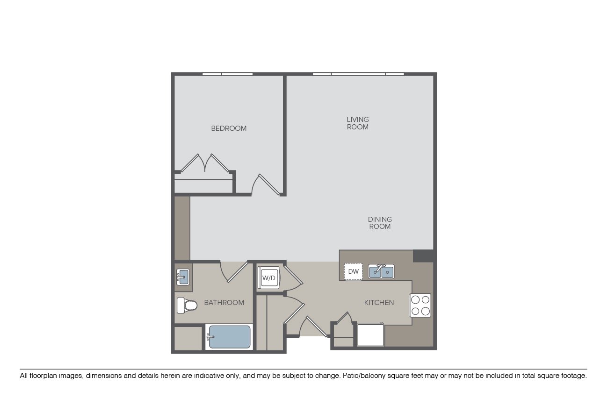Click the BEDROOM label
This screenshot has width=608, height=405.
point(229,128)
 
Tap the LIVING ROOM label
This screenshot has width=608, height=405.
point(357,123)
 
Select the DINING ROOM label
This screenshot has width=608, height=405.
point(380,223)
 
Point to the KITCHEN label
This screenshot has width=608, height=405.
point(379,303)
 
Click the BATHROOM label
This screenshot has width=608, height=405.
point(224,303)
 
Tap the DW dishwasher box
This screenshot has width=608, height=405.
point(353,271)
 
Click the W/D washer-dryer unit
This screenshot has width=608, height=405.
point(269,277)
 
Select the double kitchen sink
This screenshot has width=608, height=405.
point(381,271)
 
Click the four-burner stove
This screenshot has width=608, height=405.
point(420,305)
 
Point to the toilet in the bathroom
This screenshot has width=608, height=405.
point(187,306)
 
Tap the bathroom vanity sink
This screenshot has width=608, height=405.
point(183,277)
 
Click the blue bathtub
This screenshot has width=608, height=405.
point(229,337)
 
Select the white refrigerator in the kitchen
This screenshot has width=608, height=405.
point(370,335)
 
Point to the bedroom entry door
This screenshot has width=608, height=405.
point(265,185)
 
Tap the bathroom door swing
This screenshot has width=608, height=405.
point(234,271)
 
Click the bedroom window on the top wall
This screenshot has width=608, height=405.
point(227,74)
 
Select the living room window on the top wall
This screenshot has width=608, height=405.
point(358,74)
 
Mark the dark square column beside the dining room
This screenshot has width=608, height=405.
point(423,256)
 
